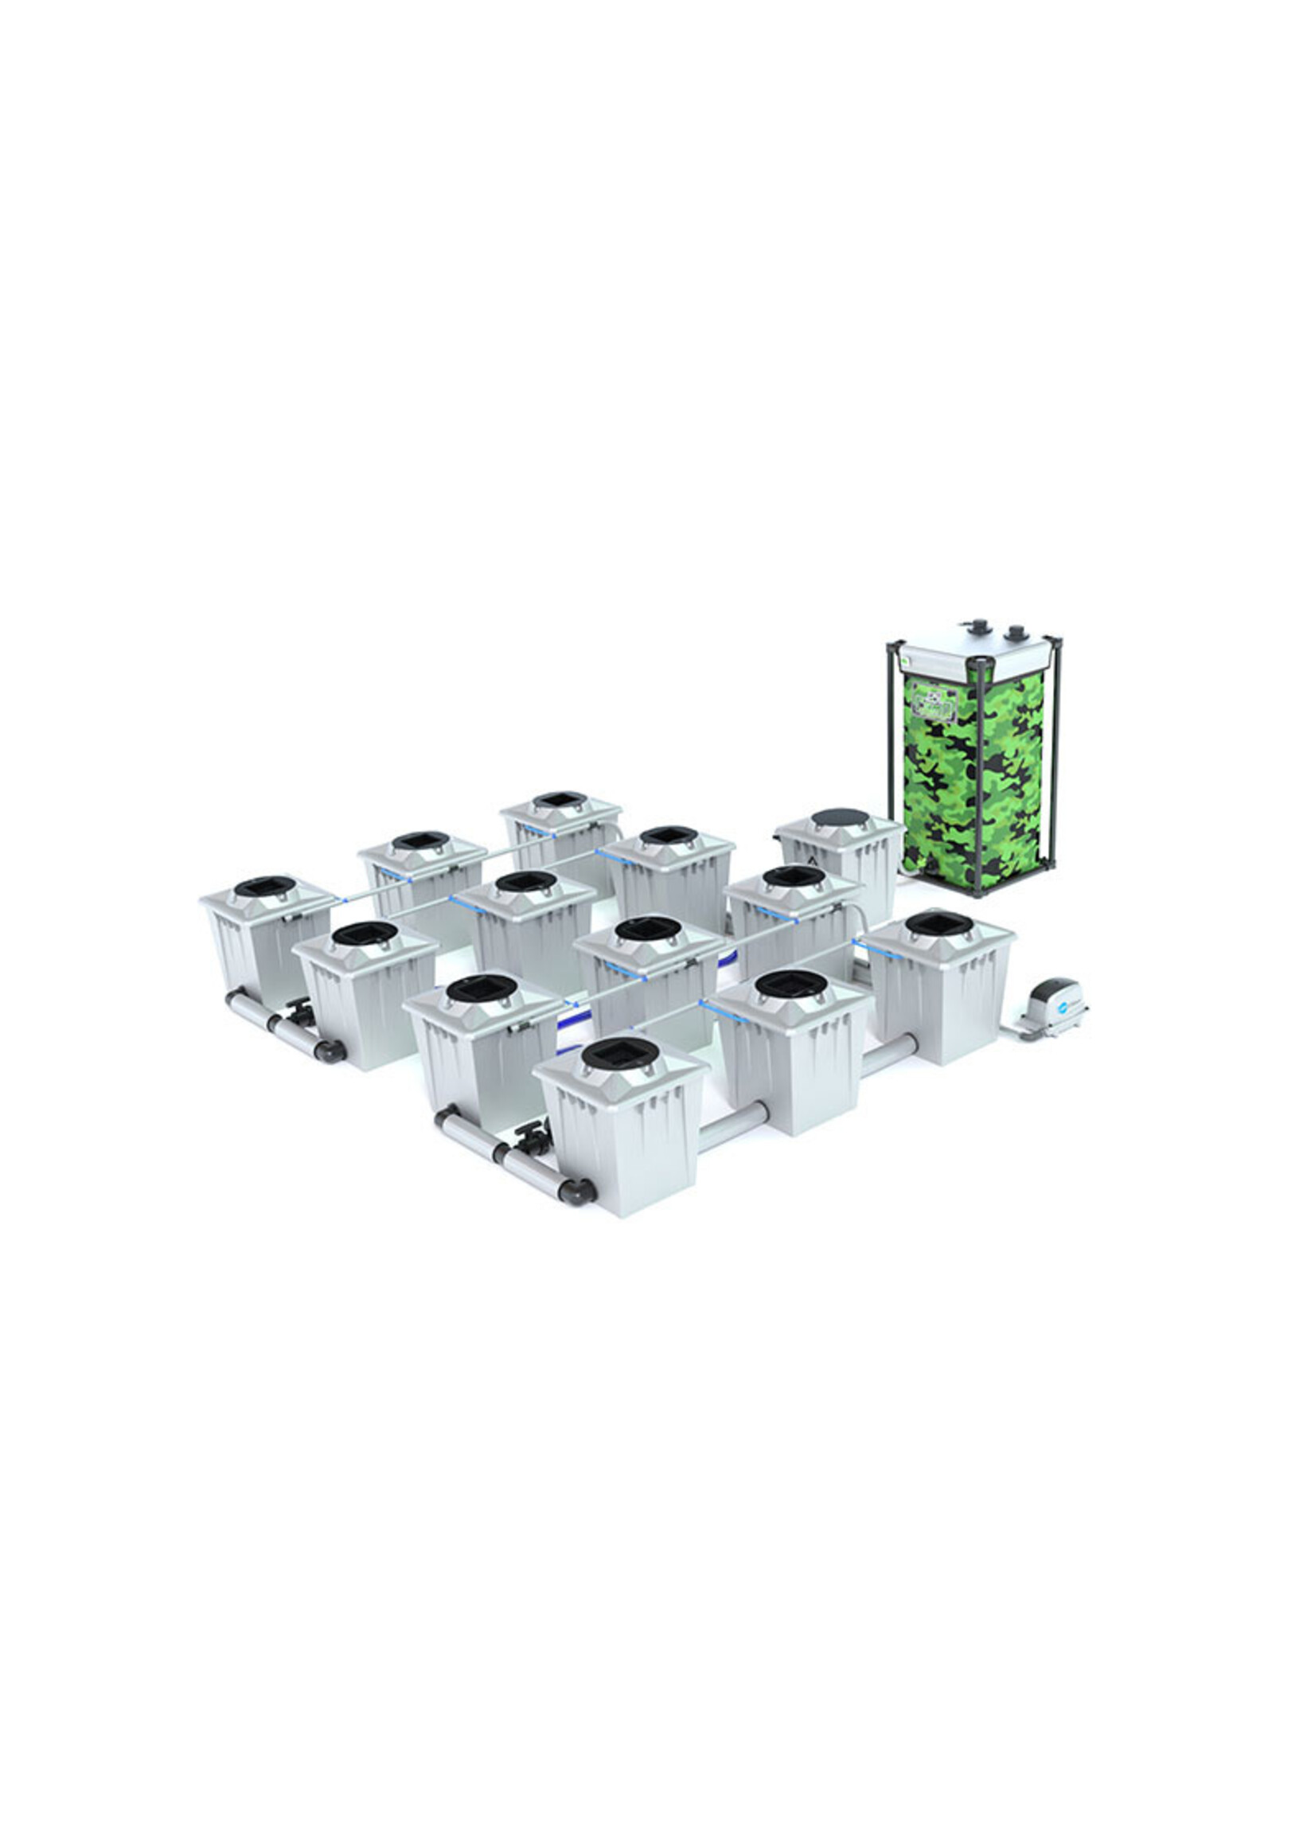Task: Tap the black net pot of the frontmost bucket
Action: click(620, 1051)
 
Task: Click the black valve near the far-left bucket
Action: click(299, 1011)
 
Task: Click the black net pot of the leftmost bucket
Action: click(265, 887)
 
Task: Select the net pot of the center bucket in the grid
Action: click(648, 930)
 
